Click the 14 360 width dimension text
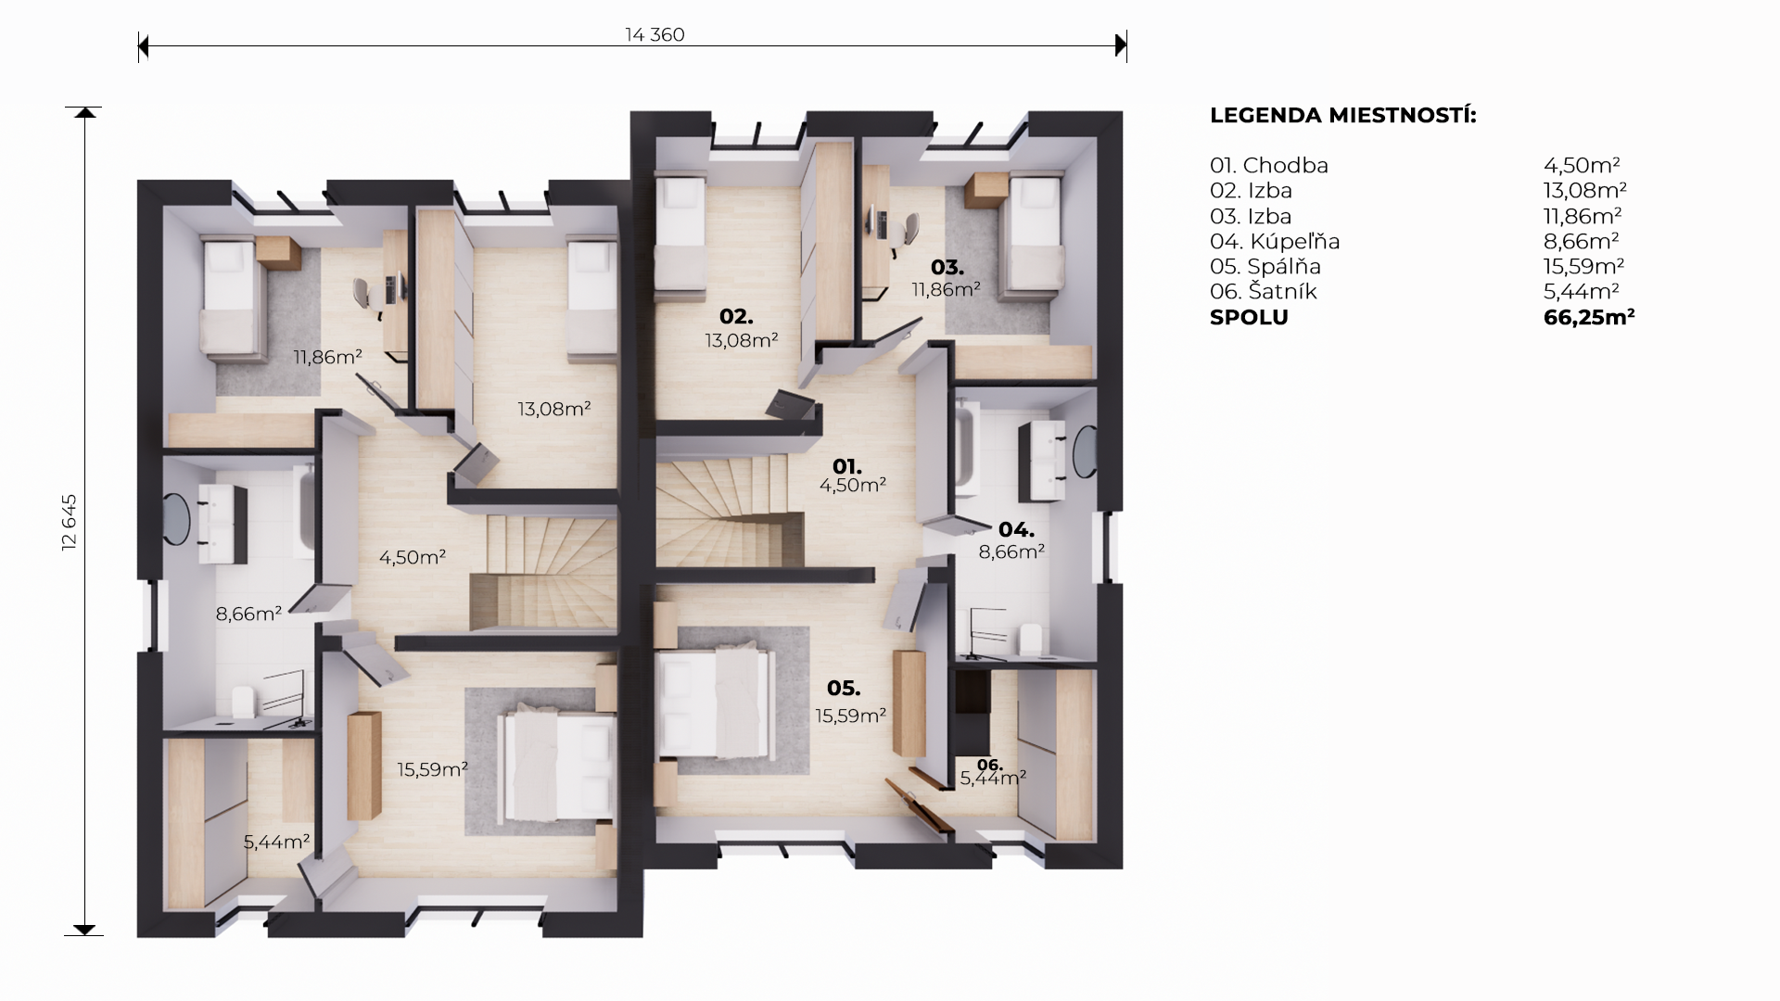point(655,34)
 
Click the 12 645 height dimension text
point(70,523)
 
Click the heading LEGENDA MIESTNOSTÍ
point(1343,116)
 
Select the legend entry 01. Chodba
point(1269,165)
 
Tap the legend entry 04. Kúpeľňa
point(1275,241)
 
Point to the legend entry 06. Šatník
point(1264,291)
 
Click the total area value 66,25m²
point(1589,317)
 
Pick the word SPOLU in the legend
point(1249,317)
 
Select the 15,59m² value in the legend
point(1583,266)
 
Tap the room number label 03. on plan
point(947,268)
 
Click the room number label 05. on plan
point(844,688)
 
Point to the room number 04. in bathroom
point(1016,530)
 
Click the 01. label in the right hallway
point(847,465)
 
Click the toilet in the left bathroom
point(244,702)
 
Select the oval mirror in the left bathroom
point(175,517)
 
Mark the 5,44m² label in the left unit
point(276,842)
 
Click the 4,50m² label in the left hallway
point(413,557)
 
